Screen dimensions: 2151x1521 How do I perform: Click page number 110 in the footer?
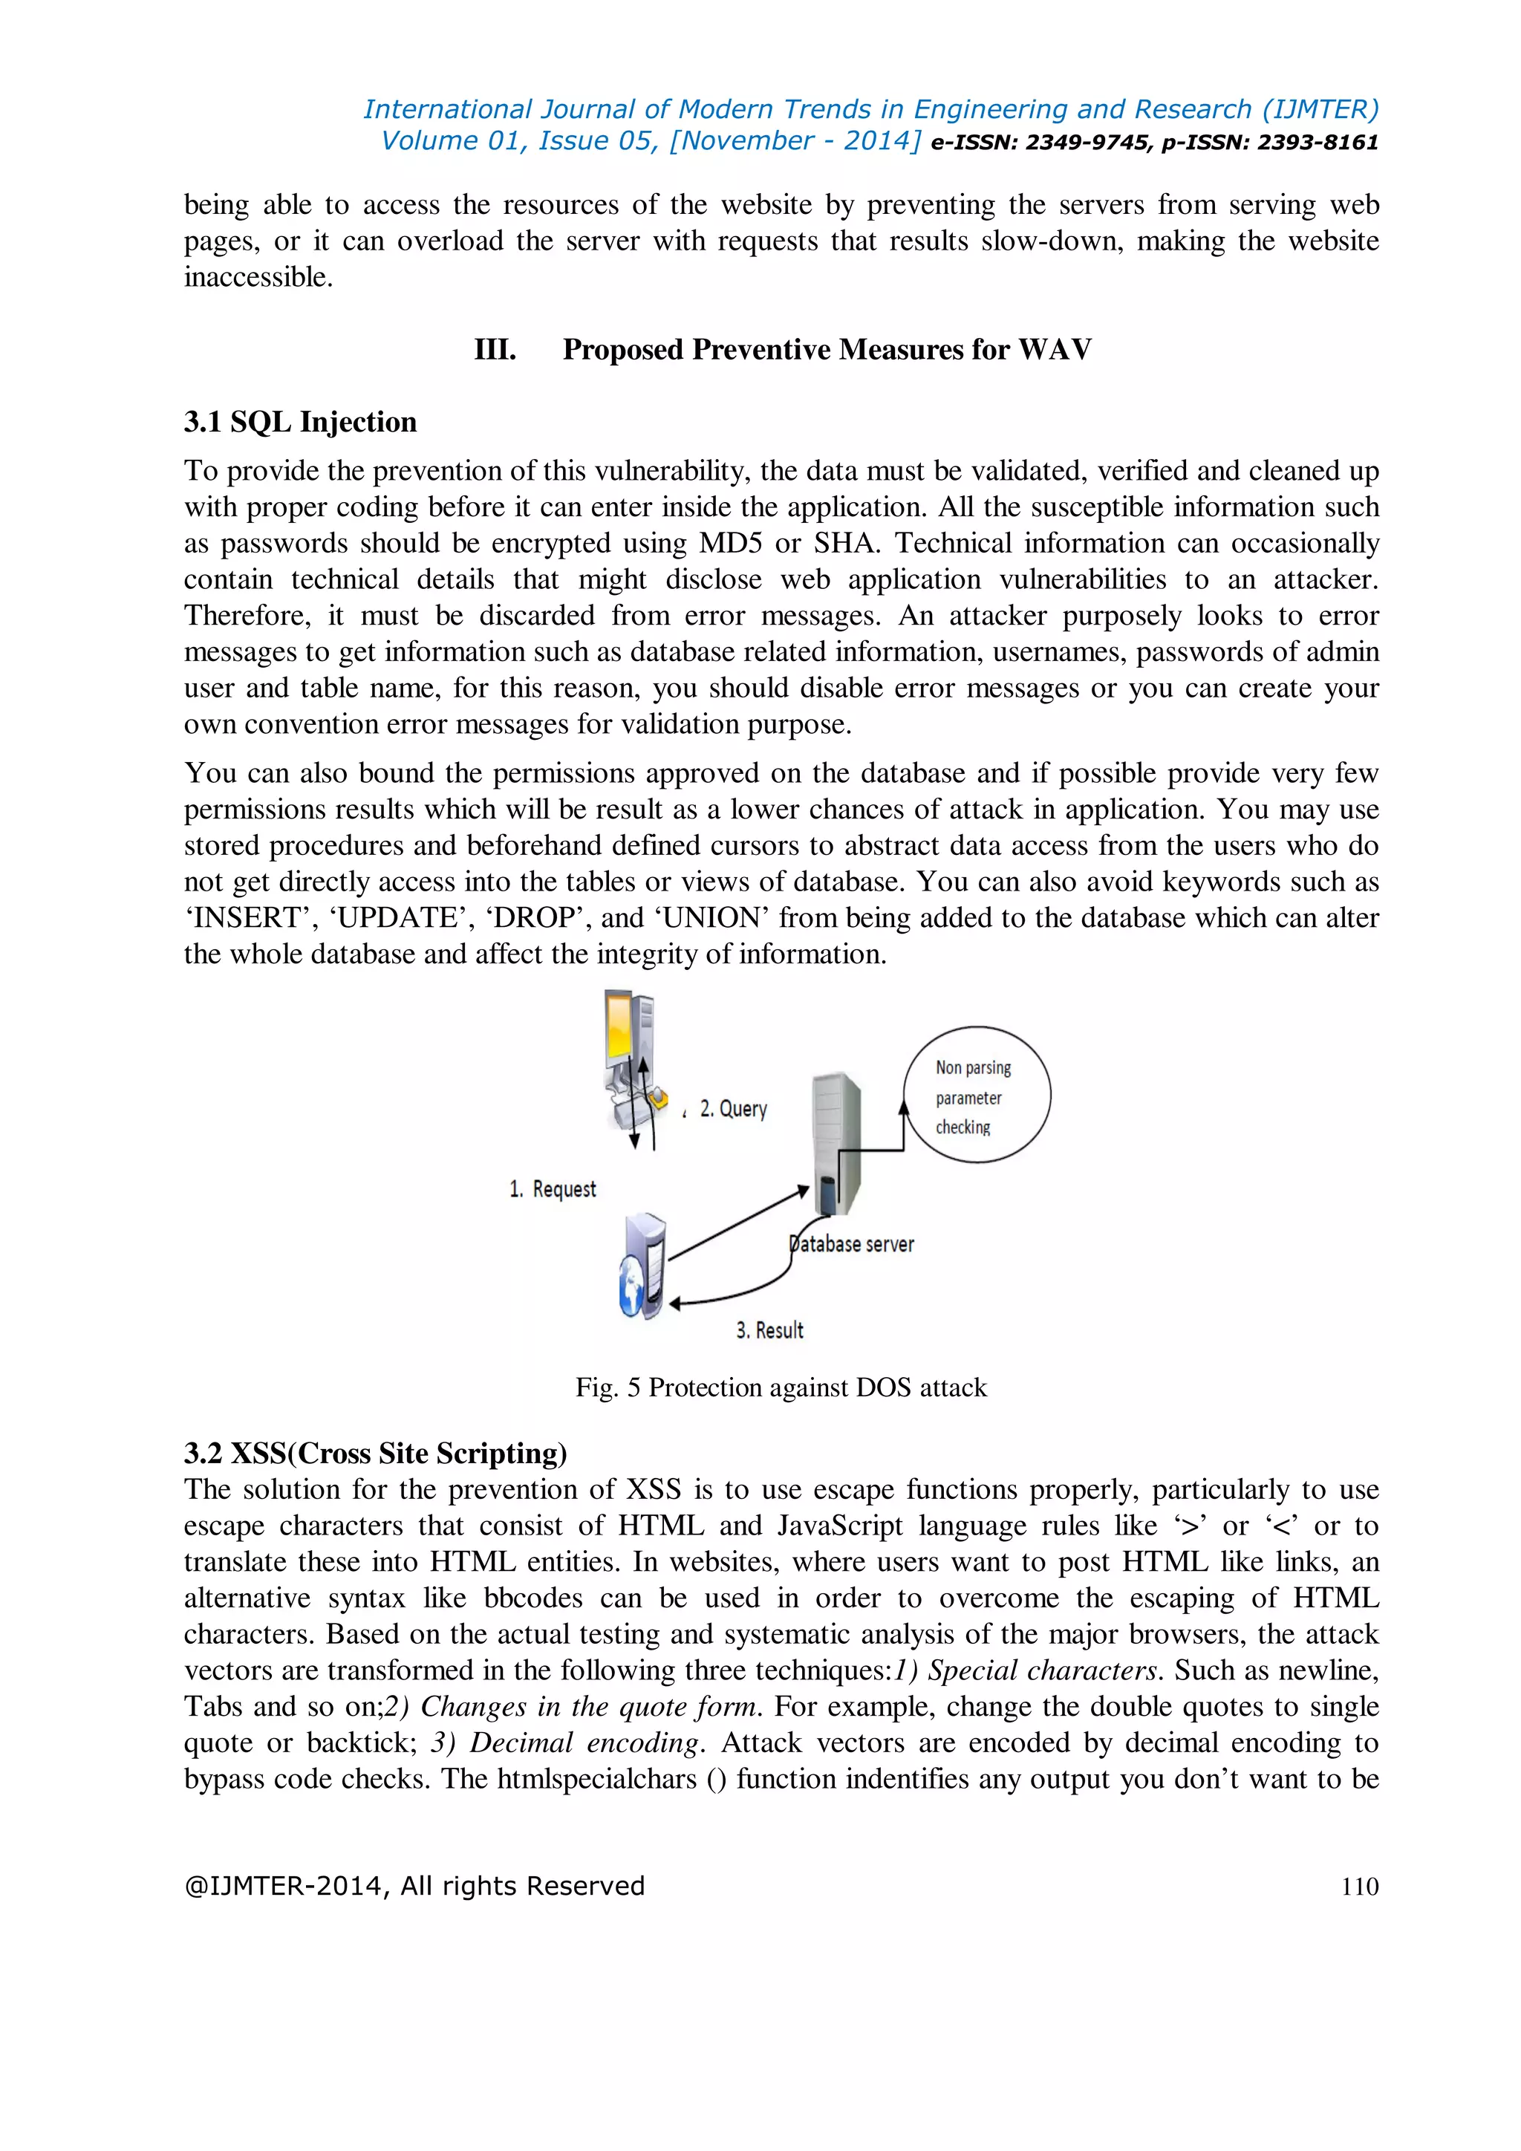tap(1359, 1886)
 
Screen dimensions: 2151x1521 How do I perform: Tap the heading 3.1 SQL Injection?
tap(300, 422)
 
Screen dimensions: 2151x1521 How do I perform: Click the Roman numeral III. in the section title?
tap(495, 349)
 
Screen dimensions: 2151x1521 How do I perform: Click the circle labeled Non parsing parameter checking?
tap(977, 1095)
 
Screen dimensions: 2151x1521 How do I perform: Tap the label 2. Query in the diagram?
tap(733, 1109)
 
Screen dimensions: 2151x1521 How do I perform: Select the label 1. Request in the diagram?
tap(553, 1189)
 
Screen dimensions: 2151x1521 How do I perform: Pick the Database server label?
tap(853, 1244)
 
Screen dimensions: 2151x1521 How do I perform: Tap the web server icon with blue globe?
tap(642, 1266)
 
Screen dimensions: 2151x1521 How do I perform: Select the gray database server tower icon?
tap(836, 1139)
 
